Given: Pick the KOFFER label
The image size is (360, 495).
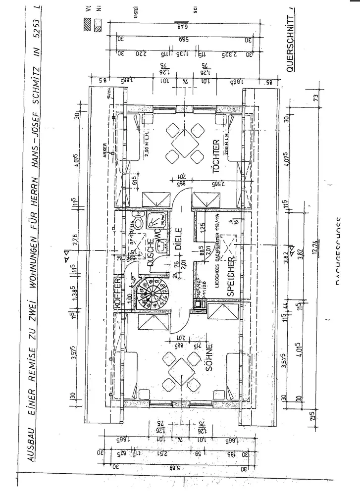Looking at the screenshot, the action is click(118, 294).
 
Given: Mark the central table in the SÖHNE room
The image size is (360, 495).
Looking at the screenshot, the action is click(177, 369).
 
